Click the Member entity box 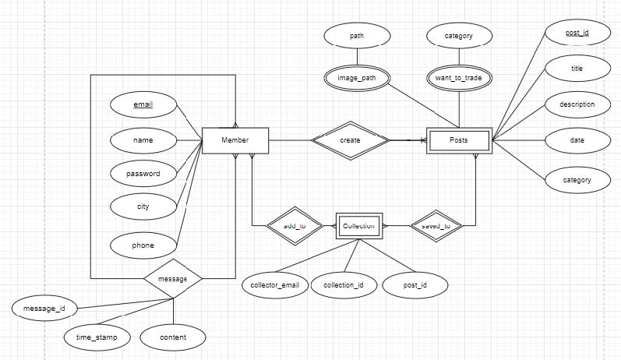coord(235,140)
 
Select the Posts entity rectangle coord(459,140)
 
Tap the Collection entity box coord(358,227)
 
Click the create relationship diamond coord(350,140)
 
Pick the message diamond coord(173,277)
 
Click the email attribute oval coord(143,104)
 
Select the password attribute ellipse coord(143,174)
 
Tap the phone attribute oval coord(143,245)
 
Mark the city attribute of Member coord(143,207)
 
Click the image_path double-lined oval coord(357,79)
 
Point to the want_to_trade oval coord(459,79)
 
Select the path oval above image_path coord(357,36)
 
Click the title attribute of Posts coord(576,69)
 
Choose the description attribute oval coord(576,104)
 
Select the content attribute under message coord(173,337)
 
